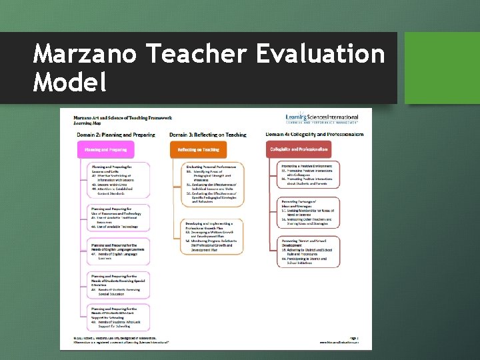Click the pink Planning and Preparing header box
tap(109, 150)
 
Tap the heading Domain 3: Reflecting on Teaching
tap(208, 135)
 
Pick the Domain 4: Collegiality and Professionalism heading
tap(315, 135)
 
